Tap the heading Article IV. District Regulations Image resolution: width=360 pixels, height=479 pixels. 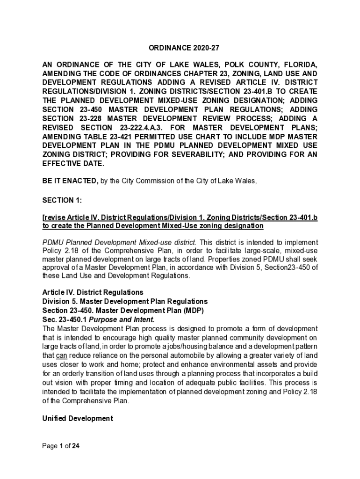click(86, 293)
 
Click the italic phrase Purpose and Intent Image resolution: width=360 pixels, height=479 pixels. click(122, 319)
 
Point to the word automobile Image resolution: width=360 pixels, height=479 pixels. click(168, 355)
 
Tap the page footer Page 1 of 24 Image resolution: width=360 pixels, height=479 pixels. click(61, 446)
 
